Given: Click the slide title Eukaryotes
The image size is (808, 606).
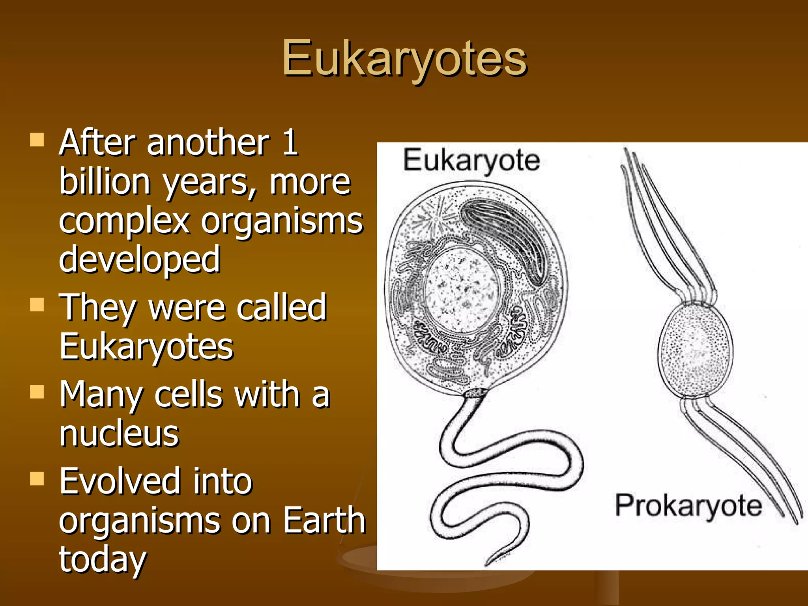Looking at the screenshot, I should click(404, 59).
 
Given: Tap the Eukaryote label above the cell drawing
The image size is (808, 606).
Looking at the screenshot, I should click(471, 161).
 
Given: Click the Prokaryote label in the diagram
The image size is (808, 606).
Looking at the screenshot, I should click(688, 506).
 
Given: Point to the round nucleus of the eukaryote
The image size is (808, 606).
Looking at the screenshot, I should click(462, 290).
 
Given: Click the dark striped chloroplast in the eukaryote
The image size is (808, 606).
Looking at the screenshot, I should click(509, 241).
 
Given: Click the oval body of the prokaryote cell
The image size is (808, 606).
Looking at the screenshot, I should click(695, 349).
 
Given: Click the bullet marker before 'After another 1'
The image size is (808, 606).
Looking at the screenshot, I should click(37, 140).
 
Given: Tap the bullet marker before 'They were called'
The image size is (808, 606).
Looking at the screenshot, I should click(37, 305).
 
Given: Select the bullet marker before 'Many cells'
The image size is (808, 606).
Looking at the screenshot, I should click(37, 392).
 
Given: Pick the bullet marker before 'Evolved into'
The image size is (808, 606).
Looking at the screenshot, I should click(37, 478).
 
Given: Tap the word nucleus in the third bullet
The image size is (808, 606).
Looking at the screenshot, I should click(120, 434).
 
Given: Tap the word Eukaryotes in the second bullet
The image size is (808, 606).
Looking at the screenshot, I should click(146, 347).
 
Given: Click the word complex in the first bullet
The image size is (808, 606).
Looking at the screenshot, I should click(124, 222).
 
